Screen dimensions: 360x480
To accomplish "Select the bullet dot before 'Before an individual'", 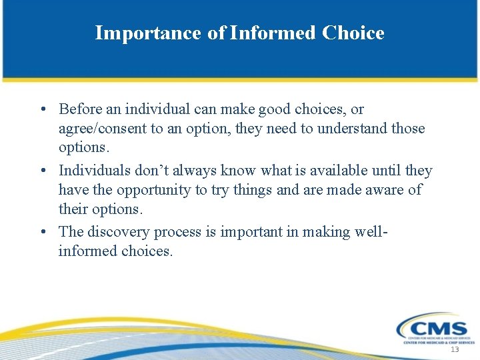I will [42, 109].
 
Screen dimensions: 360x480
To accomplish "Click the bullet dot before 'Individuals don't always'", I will [42, 171].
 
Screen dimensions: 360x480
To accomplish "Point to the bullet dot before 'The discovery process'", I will [42, 233].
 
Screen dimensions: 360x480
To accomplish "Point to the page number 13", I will [455, 351].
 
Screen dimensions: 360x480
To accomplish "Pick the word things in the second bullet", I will [251, 191].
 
